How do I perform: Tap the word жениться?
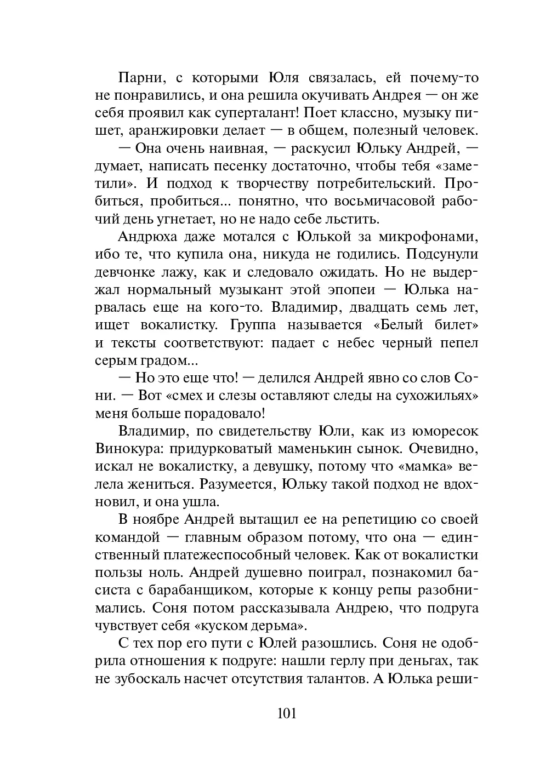click(160, 484)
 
